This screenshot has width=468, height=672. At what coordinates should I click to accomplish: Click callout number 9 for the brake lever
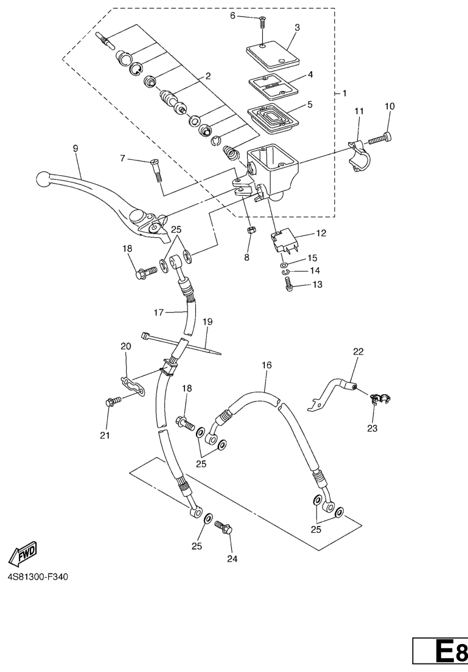pos(75,148)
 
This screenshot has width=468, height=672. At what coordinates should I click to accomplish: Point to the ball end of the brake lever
pos(43,179)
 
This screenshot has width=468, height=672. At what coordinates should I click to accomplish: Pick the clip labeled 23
pos(378,399)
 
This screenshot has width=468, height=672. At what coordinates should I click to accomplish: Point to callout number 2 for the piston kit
pos(208,77)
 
